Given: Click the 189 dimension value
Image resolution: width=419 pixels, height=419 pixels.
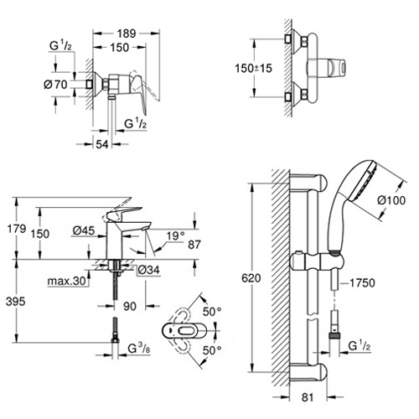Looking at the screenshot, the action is coord(127,34).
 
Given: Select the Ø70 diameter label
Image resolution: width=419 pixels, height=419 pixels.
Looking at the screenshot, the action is coord(56,85).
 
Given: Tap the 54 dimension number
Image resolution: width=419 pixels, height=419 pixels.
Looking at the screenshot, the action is coord(102,144).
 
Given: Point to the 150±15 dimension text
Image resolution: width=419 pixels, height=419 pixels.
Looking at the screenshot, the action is coord(253,68).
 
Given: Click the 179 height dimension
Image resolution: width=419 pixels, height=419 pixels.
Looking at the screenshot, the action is coord(17,229).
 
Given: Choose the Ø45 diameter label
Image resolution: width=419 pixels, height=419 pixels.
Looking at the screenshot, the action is coord(84,230).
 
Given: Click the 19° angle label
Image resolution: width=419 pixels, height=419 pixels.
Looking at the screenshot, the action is coord(176,236).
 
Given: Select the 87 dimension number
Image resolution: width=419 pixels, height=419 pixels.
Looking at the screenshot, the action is coord(194,245).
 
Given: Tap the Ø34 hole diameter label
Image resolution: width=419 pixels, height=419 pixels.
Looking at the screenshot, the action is coord(148,270).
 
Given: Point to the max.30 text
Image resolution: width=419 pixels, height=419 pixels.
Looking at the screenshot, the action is coord(66,281).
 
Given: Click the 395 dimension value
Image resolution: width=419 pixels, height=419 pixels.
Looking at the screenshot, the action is coord(16,302).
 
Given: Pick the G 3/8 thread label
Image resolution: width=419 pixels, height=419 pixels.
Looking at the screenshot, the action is coord(139,349).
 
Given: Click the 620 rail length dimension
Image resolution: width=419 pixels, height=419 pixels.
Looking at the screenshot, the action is coord(251,278).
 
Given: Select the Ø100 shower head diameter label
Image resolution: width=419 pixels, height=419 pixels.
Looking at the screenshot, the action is coord(391,200).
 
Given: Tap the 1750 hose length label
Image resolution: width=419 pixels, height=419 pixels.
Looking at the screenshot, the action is coord(362,283).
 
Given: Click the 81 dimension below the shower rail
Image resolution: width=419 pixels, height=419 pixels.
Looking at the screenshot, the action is coord(308,397).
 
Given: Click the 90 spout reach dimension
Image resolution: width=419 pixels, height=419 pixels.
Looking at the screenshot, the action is coord(130,307).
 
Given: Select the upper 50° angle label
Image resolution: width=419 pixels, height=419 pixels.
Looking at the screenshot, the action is coord(212,312).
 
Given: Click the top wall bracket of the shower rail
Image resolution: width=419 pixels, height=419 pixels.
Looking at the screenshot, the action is coord(308,182).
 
